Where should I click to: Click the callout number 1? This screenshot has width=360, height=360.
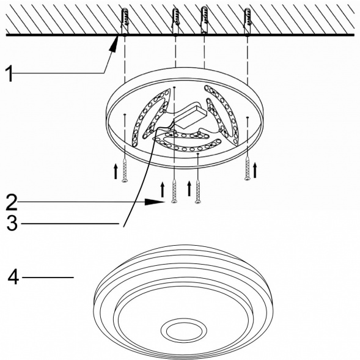[9, 73]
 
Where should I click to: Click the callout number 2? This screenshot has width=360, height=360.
[12, 202]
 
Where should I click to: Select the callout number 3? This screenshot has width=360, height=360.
[12, 223]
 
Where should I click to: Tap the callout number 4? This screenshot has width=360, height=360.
[13, 277]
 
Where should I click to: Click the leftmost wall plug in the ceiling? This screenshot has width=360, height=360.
[125, 21]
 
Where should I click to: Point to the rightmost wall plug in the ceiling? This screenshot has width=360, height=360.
[248, 21]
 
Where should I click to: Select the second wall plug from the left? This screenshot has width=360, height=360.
[175, 21]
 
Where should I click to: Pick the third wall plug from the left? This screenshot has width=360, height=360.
[204, 20]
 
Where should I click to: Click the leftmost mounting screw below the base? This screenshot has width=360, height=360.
[125, 170]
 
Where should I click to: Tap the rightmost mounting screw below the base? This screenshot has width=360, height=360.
[248, 168]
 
